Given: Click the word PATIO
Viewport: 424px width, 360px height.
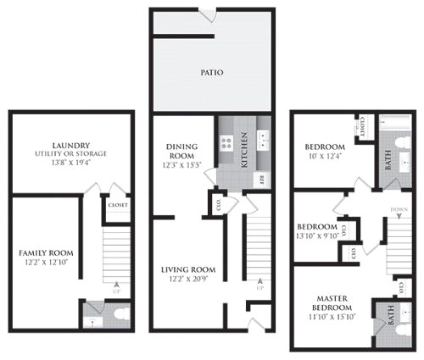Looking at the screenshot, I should [x=212, y=73].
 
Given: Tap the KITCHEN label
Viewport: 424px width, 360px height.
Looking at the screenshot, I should [x=243, y=150].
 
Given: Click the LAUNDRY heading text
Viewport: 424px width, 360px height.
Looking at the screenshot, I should [x=70, y=145].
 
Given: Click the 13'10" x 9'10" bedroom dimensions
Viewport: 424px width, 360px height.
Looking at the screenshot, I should [x=318, y=237].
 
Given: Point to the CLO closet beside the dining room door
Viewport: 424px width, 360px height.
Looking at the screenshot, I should [x=217, y=202].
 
